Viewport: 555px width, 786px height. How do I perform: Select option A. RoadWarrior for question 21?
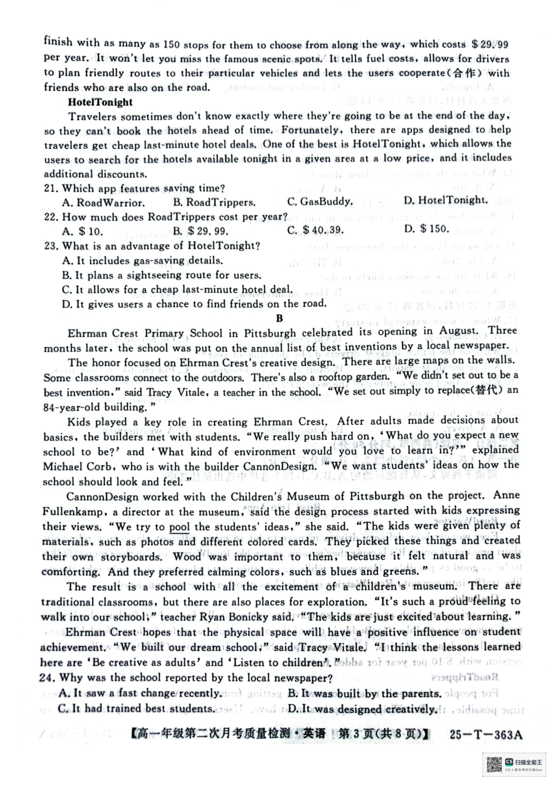click(103, 203)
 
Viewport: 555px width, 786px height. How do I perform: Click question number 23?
click(51, 246)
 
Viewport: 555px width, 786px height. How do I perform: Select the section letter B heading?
click(279, 318)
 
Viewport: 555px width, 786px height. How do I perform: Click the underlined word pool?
click(179, 527)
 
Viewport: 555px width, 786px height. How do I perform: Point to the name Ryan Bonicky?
click(223, 617)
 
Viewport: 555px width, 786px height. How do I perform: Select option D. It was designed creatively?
click(362, 709)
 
